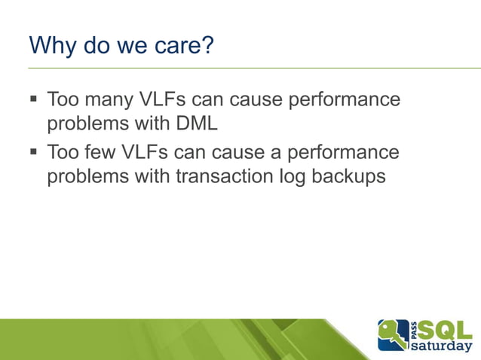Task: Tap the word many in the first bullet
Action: (109, 99)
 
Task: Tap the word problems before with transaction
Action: (86, 178)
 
